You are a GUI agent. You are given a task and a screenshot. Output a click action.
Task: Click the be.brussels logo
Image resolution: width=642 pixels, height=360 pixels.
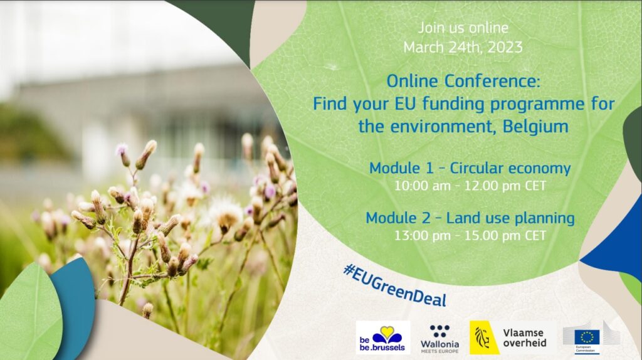(383, 337)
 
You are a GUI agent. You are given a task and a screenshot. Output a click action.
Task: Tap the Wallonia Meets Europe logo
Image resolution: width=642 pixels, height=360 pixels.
(439, 339)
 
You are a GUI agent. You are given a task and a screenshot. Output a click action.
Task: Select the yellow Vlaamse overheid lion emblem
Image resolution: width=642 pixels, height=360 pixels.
(483, 337)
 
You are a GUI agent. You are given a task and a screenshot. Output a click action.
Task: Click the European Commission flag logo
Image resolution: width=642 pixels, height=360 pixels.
(587, 339)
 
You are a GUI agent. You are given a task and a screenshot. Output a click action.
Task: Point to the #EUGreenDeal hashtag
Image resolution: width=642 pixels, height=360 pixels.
(395, 285)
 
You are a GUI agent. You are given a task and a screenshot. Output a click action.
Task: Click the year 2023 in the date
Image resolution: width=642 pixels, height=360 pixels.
(505, 48)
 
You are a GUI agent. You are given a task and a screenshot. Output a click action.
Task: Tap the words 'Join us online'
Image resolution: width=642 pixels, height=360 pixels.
(463, 28)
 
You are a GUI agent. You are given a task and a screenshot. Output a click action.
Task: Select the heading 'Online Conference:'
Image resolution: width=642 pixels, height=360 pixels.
(463, 81)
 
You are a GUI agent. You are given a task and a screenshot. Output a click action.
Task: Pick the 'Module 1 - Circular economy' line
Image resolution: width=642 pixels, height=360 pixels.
(470, 168)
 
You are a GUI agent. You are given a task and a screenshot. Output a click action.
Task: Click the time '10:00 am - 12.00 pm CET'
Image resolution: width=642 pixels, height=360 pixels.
(470, 186)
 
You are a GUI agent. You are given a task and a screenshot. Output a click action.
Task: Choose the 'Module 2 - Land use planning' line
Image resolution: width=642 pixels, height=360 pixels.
(470, 218)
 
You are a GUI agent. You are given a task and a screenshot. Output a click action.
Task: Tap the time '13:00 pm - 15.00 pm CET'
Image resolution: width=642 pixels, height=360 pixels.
(470, 236)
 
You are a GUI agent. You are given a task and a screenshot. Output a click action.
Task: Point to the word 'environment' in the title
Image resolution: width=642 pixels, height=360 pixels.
(442, 127)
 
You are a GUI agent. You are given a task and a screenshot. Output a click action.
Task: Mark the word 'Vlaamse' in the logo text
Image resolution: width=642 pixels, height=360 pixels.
(524, 333)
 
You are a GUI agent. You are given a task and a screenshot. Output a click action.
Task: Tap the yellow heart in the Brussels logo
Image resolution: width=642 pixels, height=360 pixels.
(387, 331)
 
